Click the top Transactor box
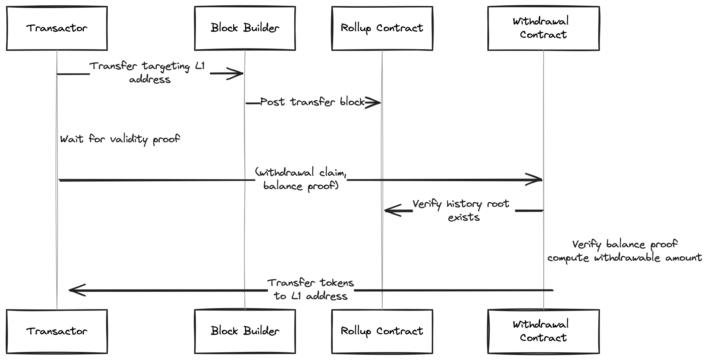pyautogui.click(x=57, y=28)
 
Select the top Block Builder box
pyautogui.click(x=245, y=28)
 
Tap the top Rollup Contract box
pyautogui.click(x=382, y=28)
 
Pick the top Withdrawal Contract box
pyautogui.click(x=544, y=28)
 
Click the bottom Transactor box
pyautogui.click(x=57, y=332)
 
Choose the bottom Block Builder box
pyautogui.click(x=245, y=332)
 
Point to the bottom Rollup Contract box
pyautogui.click(x=382, y=332)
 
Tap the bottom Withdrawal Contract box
pyautogui.click(x=544, y=332)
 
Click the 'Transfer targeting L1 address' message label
pyautogui.click(x=148, y=73)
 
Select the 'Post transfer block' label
pyautogui.click(x=312, y=102)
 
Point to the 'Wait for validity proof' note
pyautogui.click(x=120, y=139)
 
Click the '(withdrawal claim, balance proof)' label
pyautogui.click(x=301, y=179)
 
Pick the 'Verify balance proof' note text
pyautogui.click(x=625, y=245)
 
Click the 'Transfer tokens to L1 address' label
pyautogui.click(x=311, y=289)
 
